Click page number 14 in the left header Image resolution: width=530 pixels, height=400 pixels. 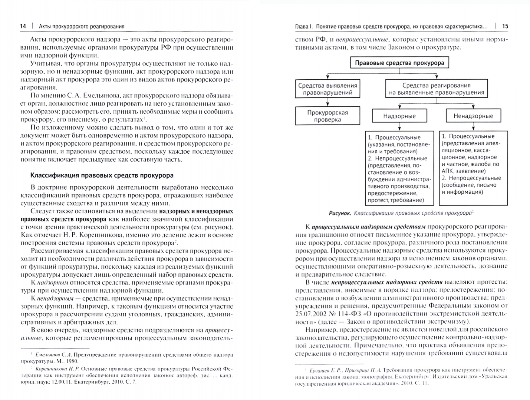(x=23, y=26)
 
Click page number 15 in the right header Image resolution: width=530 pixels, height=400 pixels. (x=505, y=26)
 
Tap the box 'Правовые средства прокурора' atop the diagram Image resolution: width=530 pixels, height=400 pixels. (x=399, y=63)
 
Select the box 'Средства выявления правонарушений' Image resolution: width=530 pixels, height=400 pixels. (x=327, y=89)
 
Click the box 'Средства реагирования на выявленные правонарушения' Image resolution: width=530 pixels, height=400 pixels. (x=436, y=89)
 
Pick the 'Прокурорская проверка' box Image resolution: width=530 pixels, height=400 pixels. (x=327, y=116)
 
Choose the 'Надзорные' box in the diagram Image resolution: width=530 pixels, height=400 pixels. (x=399, y=116)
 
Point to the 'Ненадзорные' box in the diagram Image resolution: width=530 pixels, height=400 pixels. (x=473, y=116)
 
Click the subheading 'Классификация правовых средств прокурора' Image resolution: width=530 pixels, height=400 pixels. (x=102, y=175)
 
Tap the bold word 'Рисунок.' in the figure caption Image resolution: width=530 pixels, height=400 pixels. (x=340, y=213)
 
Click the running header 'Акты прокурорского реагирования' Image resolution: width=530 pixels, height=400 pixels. (x=82, y=26)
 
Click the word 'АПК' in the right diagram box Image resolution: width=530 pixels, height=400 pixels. (x=448, y=171)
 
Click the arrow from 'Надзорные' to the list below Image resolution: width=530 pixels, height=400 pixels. (x=399, y=127)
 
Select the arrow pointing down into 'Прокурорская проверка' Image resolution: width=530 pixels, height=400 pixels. (x=327, y=103)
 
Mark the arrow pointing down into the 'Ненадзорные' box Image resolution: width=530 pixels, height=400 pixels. (x=473, y=104)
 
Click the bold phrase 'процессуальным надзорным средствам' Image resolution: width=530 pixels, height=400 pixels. (x=368, y=227)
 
